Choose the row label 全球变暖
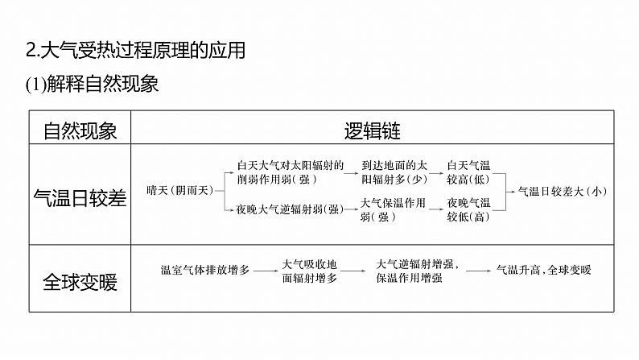(80, 282)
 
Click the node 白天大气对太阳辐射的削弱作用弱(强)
(291, 172)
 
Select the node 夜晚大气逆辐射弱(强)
(291, 209)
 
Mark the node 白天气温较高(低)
(468, 172)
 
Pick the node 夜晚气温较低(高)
(468, 209)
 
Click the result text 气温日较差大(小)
(561, 191)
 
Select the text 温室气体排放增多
(205, 271)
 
